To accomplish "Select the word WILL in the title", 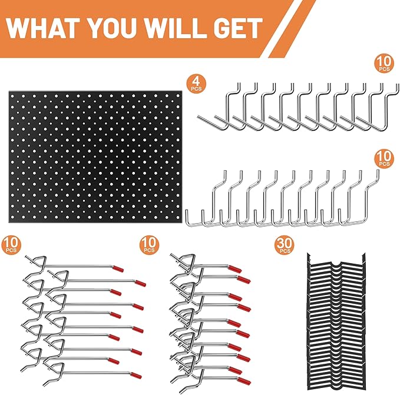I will coord(181,28).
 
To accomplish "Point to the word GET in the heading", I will coord(239,28).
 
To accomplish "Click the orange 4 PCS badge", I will coord(194,82).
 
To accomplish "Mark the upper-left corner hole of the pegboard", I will coord(17,97).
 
